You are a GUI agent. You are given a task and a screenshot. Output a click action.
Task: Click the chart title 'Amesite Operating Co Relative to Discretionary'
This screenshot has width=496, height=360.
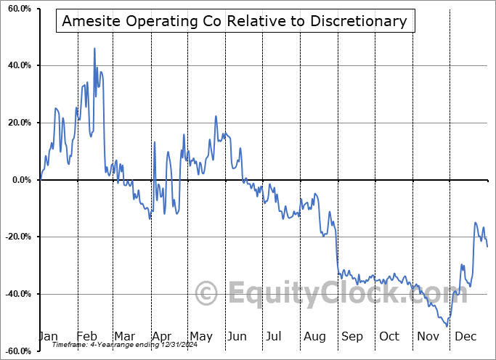tap(235, 21)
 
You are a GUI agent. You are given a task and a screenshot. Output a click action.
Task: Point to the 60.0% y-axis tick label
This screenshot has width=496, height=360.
tap(18, 9)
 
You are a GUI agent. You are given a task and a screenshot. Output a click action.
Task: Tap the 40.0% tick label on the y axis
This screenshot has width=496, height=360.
tap(18, 66)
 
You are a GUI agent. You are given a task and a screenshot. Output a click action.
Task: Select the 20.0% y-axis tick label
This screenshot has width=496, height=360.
tap(18, 123)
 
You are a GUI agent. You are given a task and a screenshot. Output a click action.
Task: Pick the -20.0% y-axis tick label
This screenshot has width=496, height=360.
tap(17, 237)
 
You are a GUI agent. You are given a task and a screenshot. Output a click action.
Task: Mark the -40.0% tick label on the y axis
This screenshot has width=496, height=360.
tap(17, 294)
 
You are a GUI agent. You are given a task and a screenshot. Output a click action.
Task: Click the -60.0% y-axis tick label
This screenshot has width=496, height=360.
tap(17, 351)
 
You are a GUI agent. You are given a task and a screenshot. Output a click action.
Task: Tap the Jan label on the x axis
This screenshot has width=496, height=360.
tap(49, 337)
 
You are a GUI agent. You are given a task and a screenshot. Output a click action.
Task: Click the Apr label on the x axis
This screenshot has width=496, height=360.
tap(162, 337)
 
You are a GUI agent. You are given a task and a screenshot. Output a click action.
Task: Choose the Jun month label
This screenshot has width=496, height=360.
tap(237, 337)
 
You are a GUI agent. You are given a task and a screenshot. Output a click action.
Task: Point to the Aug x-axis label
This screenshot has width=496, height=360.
tap(314, 337)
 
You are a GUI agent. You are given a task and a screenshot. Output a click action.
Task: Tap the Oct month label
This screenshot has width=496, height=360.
tap(389, 337)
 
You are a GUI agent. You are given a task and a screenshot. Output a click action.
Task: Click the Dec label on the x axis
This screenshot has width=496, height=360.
tap(464, 337)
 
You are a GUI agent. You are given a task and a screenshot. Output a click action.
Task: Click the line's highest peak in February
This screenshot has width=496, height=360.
tap(94, 49)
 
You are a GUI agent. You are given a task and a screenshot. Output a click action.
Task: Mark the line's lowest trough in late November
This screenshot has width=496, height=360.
tap(447, 327)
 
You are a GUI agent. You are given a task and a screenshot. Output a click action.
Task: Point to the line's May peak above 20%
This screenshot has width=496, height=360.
tap(216, 116)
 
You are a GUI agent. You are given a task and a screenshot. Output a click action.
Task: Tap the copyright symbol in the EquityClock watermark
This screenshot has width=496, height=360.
tap(207, 294)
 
